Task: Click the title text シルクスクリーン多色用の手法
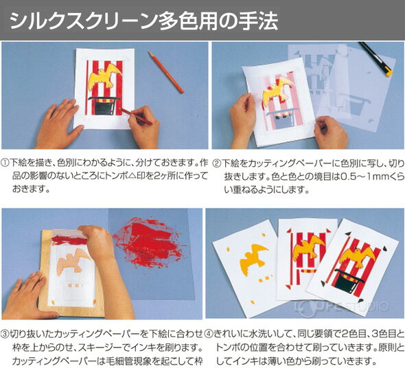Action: [144, 21]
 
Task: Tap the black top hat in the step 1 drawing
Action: [104, 106]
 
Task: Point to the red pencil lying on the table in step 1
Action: [165, 72]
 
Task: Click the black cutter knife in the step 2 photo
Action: [376, 59]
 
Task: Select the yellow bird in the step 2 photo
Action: [278, 91]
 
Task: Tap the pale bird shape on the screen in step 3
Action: [73, 261]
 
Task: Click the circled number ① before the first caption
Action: [5, 163]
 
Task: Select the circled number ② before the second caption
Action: [216, 163]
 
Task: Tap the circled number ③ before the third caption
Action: [5, 334]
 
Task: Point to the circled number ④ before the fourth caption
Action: [209, 334]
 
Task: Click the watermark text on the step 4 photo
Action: [341, 307]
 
